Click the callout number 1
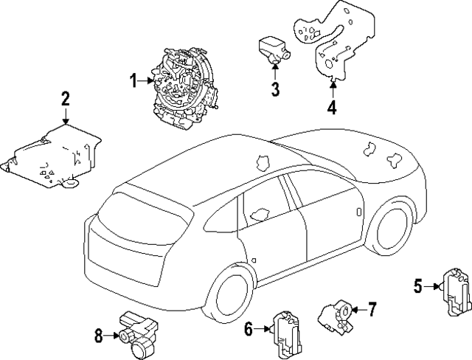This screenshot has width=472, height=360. coord(135,81)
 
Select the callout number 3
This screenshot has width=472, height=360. coord(274,89)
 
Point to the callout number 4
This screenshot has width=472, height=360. coord(332,108)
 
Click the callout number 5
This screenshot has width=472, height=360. coord(417,285)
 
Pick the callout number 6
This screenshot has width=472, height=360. coord(249,328)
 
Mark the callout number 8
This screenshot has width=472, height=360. coord(99,336)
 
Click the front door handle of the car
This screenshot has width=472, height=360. coord(358,212)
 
